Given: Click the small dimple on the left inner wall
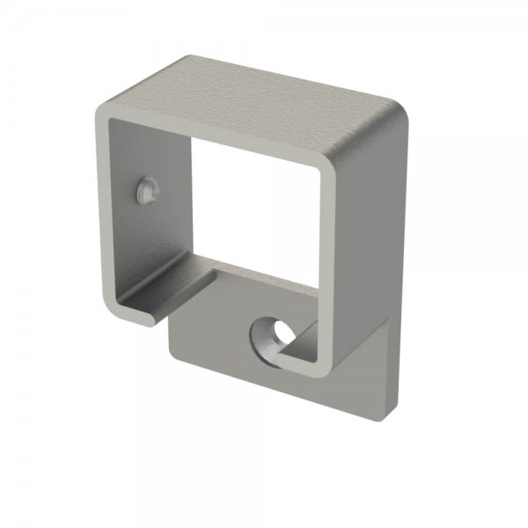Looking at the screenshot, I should click(x=145, y=188).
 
